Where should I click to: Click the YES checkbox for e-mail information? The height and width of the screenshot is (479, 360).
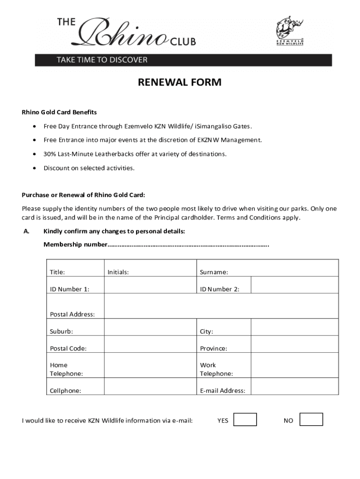click(x=245, y=419)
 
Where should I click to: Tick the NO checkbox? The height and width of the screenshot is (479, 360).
click(x=311, y=419)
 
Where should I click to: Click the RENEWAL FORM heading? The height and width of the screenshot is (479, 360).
click(x=180, y=83)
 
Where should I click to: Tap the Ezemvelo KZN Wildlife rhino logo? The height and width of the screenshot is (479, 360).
click(x=289, y=29)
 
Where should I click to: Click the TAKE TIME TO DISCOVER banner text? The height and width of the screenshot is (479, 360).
click(x=102, y=60)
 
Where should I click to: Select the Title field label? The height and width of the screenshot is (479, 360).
click(x=58, y=272)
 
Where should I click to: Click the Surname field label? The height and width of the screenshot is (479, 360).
click(x=214, y=272)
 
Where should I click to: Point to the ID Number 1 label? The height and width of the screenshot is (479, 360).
click(x=70, y=289)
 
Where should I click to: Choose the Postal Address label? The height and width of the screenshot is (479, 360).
click(x=72, y=314)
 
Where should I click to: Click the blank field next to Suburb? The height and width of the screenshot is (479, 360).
click(x=150, y=327)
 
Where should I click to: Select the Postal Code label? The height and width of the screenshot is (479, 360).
click(x=68, y=348)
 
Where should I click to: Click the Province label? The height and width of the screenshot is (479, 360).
click(x=214, y=348)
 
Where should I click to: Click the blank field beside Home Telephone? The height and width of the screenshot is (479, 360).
click(x=150, y=365)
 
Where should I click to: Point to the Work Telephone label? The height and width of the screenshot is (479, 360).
click(x=216, y=369)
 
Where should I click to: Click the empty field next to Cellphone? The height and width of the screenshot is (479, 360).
click(x=150, y=386)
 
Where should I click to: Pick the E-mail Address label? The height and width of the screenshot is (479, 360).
click(x=223, y=391)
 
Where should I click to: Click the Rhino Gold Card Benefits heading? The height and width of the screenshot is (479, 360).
click(x=59, y=112)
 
